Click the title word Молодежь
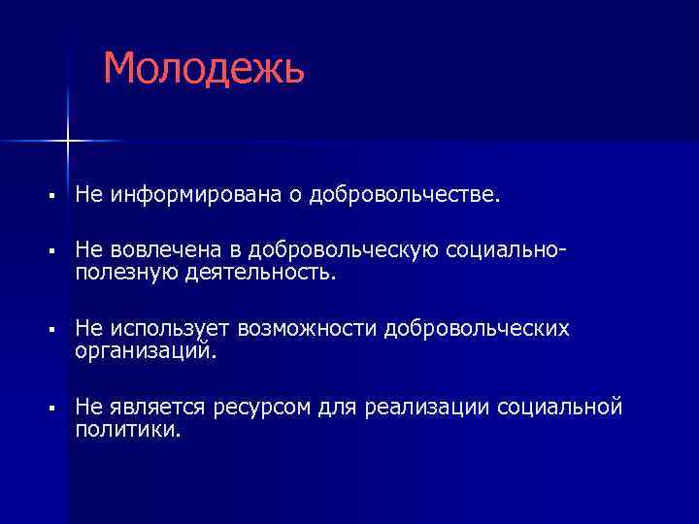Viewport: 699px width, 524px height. click(204, 68)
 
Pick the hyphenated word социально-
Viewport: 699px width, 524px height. click(506, 252)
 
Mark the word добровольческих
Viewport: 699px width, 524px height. click(477, 328)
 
